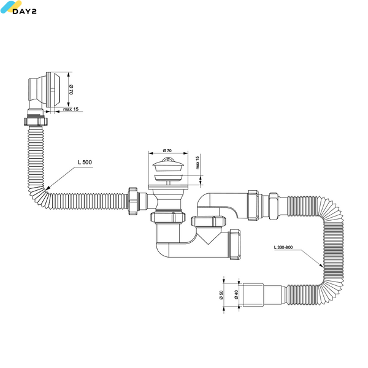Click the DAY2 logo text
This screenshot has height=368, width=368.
click(25, 11)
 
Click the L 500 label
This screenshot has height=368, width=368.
click(85, 162)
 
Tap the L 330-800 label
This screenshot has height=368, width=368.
click(283, 247)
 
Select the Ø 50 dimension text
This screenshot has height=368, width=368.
click(221, 295)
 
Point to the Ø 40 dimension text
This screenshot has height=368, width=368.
click(236, 294)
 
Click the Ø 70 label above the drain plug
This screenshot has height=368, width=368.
click(167, 150)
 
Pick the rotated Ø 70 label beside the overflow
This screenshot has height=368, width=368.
click(71, 90)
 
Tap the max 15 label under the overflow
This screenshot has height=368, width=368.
click(71, 109)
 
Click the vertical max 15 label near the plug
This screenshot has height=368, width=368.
click(197, 163)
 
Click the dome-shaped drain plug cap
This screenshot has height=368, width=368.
click(168, 164)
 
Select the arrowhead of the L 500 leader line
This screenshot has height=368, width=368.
click(47, 188)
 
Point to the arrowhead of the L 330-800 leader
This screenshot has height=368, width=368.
click(321, 266)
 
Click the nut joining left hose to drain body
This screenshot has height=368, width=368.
click(132, 201)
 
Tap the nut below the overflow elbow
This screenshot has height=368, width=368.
click(36, 121)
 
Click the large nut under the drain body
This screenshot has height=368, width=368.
click(168, 217)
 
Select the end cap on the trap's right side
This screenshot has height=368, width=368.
click(235, 244)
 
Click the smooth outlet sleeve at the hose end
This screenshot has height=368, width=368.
click(253, 295)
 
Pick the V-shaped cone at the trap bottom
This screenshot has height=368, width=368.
click(208, 236)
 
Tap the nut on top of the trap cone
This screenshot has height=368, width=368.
click(209, 221)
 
